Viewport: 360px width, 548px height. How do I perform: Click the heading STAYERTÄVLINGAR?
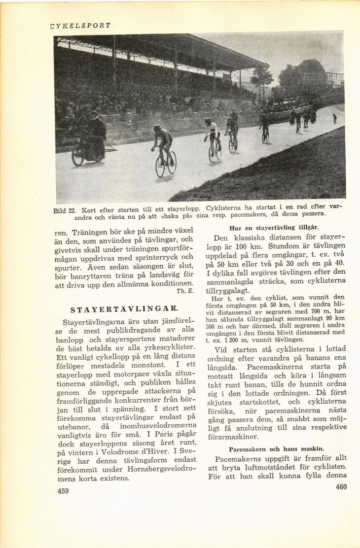click(124, 309)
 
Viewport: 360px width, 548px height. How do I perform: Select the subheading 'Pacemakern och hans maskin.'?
click(276, 449)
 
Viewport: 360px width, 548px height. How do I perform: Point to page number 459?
click(63, 491)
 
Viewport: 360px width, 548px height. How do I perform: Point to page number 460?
click(341, 487)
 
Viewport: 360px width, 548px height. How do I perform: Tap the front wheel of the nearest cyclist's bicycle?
click(160, 167)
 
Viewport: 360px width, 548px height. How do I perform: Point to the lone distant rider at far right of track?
click(334, 119)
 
